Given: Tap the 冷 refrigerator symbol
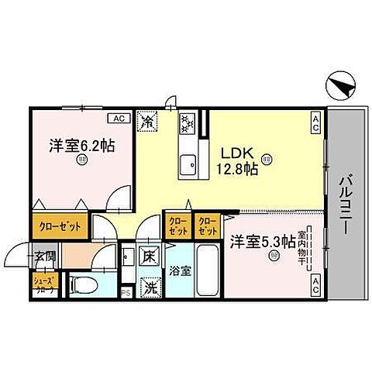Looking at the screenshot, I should tap(146, 121).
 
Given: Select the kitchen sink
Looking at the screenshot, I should tap(187, 164).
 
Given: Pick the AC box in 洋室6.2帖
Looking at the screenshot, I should tap(119, 119).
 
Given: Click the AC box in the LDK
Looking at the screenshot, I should tap(316, 122).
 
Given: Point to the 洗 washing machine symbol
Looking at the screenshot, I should tap(147, 286).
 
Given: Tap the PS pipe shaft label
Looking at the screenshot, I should tap(126, 293).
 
